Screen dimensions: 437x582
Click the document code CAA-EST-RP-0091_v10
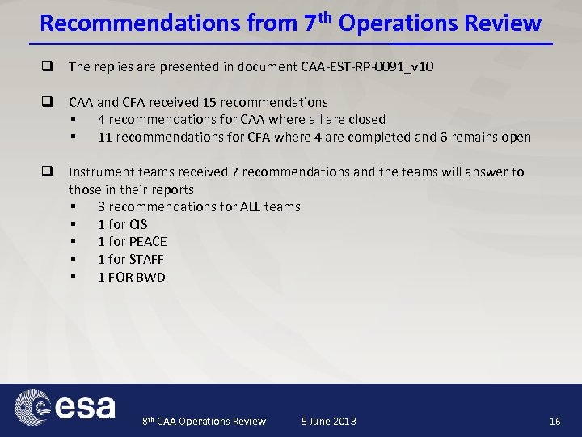(x=366, y=66)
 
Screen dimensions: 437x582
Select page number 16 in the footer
(x=555, y=421)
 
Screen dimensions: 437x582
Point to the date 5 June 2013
(x=328, y=421)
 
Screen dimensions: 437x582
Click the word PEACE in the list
(x=149, y=242)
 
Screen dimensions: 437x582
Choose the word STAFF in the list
(x=147, y=260)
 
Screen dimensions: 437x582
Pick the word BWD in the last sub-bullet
(x=150, y=278)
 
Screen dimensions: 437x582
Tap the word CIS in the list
(x=139, y=224)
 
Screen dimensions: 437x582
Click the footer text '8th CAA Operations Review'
(x=204, y=421)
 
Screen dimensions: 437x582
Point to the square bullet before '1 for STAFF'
(x=74, y=260)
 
